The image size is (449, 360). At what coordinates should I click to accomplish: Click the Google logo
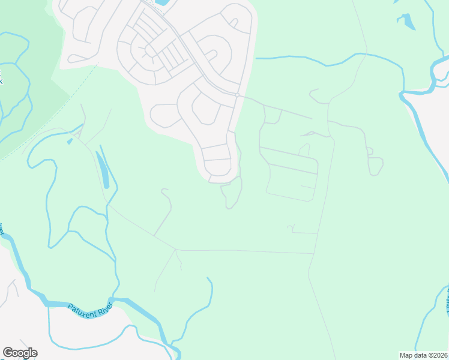click(x=20, y=353)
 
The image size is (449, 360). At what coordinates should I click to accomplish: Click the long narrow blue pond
click(x=103, y=170)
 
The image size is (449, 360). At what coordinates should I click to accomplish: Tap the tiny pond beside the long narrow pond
click(x=70, y=142)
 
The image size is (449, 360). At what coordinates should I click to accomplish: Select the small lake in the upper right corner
click(x=407, y=22)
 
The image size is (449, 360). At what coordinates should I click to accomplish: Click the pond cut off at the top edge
click(x=161, y=2)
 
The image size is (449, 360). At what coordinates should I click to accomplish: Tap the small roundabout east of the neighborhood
click(x=238, y=95)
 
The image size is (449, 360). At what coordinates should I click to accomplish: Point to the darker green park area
click(x=30, y=78)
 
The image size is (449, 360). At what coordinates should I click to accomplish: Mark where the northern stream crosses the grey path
click(x=363, y=55)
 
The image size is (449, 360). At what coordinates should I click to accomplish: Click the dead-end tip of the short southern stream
click(x=208, y=278)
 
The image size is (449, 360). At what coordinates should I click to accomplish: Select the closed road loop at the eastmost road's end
click(x=376, y=166)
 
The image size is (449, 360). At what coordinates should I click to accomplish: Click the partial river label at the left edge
click(x=2, y=229)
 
